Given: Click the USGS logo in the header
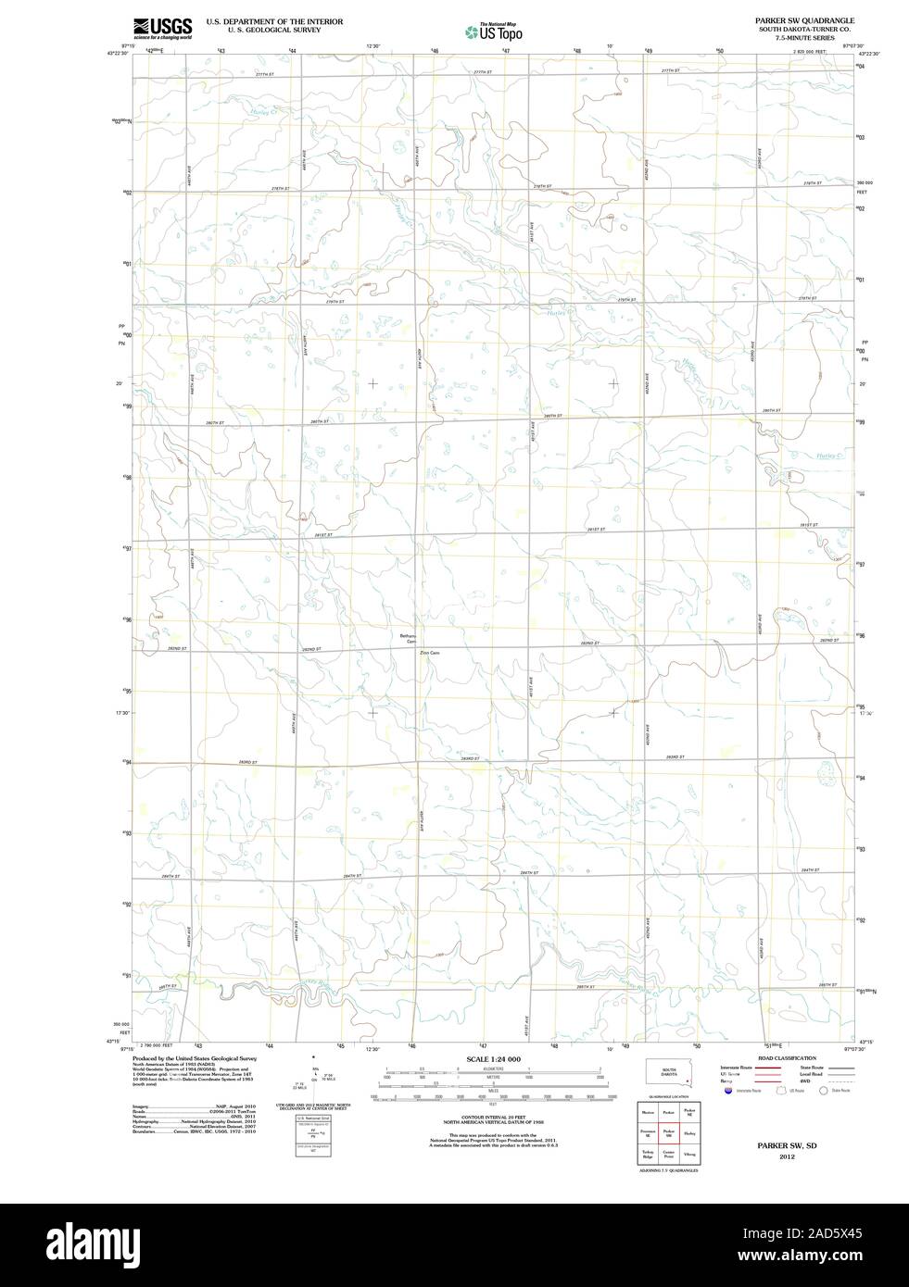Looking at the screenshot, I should coord(162,28).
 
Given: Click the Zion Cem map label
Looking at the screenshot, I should coord(429,654).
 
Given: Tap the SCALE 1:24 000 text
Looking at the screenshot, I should coord(493,1059).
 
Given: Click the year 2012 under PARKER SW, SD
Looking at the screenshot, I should coord(787,1156).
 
